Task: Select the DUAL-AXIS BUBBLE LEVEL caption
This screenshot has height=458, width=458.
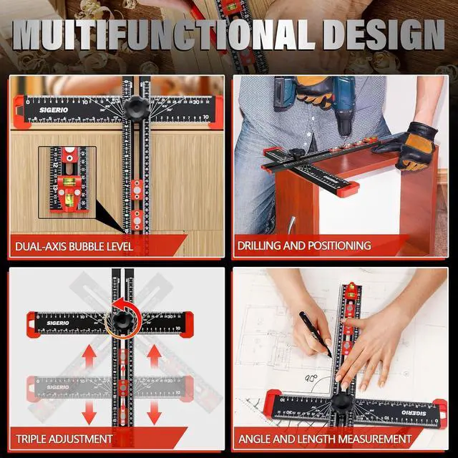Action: tap(74, 246)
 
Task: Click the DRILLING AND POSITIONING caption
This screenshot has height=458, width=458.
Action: tap(305, 245)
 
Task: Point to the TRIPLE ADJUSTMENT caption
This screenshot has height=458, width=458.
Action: tap(64, 438)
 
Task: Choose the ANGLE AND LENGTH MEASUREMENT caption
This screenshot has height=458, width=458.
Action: tap(325, 438)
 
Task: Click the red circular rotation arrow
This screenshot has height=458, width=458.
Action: tap(118, 318)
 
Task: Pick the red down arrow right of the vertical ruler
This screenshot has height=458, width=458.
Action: tap(154, 409)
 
